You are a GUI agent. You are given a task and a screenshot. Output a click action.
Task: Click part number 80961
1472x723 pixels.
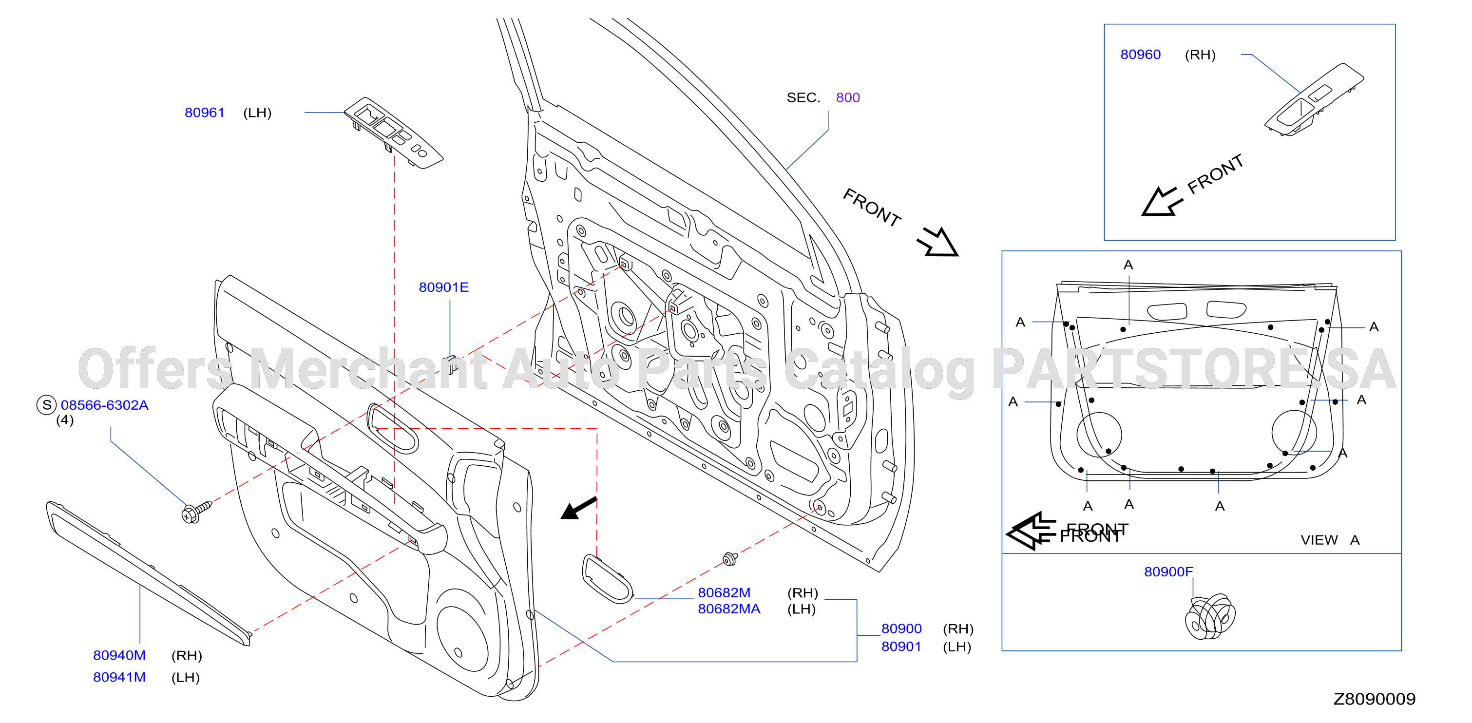204,113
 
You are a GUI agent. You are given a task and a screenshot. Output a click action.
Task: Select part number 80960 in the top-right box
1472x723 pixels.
1140,55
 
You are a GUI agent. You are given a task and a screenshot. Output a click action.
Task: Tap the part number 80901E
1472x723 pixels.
443,287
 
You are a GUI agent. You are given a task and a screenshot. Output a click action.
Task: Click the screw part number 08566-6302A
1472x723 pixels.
105,405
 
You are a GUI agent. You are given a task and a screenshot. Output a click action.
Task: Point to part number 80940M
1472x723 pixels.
119,656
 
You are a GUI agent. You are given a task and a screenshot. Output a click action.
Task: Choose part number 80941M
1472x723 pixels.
119,677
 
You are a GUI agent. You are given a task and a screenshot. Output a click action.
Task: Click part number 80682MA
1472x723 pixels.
728,609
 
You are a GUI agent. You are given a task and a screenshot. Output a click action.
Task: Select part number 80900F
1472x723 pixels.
1168,572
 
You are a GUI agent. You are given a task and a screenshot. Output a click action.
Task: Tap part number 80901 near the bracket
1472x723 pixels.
900,647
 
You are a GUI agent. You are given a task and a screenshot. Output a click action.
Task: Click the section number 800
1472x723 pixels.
847,98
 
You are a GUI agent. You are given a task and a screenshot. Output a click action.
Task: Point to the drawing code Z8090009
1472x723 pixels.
1374,699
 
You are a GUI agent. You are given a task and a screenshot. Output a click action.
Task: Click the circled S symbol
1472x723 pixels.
47,405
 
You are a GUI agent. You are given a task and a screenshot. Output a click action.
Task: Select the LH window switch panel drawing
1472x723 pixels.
393,133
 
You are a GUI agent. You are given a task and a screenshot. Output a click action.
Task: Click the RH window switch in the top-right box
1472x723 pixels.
1314,99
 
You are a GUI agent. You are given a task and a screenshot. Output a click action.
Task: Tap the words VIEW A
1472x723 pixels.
1330,540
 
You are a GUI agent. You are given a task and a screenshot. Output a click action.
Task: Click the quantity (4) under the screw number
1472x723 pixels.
65,420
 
